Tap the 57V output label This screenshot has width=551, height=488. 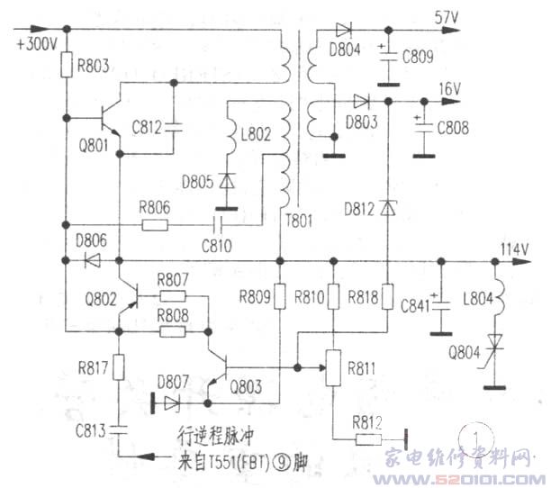click(447, 17)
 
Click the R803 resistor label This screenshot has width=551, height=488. click(95, 66)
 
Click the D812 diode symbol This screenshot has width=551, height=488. click(387, 209)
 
